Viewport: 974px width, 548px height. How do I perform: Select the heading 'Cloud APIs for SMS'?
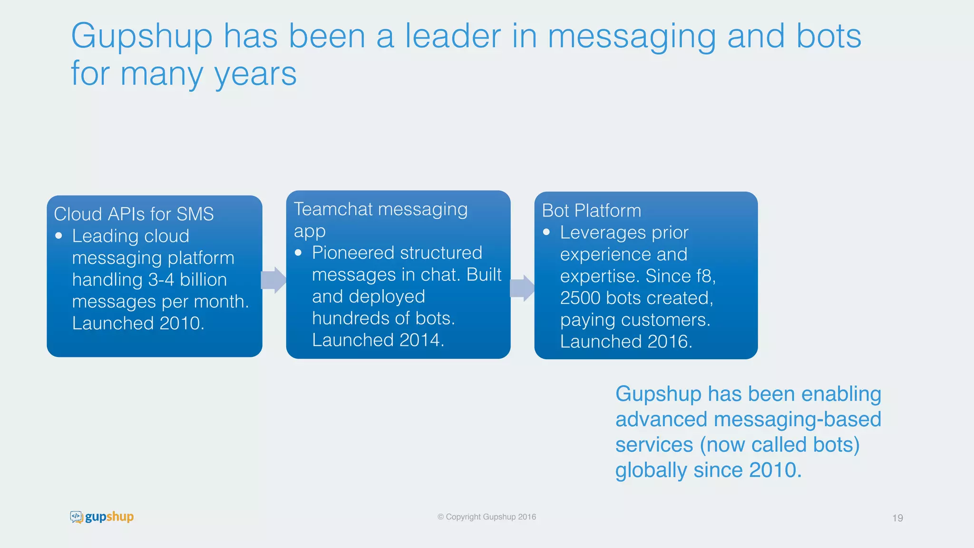[x=134, y=214]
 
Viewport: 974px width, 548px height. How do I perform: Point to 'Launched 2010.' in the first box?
[x=138, y=323]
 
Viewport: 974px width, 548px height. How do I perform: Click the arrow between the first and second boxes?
[x=273, y=280]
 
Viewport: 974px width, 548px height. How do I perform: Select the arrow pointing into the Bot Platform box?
[x=522, y=288]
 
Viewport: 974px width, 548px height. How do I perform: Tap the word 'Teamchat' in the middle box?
[x=333, y=209]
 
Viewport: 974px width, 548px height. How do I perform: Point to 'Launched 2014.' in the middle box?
[x=378, y=340]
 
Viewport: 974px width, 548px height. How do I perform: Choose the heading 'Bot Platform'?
[x=591, y=211]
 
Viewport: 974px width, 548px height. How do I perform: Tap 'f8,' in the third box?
[x=706, y=276]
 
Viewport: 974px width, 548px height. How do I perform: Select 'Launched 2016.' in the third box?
[x=626, y=342]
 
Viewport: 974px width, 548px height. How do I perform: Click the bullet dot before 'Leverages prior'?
[x=546, y=232]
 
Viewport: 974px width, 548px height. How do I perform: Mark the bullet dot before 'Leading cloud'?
[x=59, y=235]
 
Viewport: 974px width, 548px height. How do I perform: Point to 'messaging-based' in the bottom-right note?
[x=798, y=420]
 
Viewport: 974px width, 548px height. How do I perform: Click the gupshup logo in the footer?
[x=102, y=517]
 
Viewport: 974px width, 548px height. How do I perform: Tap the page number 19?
[x=897, y=518]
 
